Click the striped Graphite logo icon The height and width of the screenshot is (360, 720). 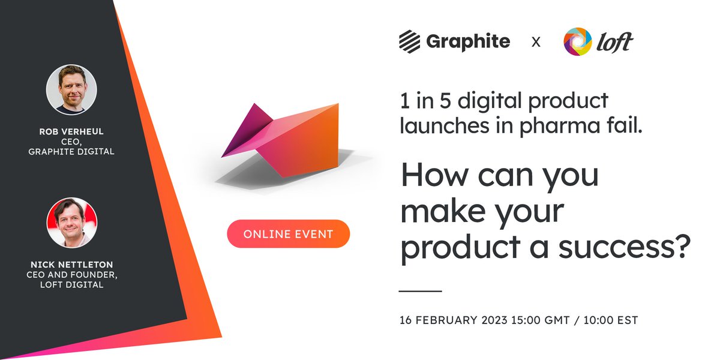(x=410, y=41)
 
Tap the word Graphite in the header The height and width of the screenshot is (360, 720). (x=468, y=41)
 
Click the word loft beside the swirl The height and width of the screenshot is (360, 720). (x=614, y=42)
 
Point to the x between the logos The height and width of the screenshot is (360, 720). (x=536, y=42)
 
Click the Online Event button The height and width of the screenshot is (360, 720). (x=288, y=234)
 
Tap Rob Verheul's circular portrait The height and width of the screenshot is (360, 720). (x=71, y=90)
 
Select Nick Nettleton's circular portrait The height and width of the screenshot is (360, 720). (x=71, y=223)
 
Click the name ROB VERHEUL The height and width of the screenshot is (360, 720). (x=71, y=132)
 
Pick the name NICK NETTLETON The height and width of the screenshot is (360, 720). (x=71, y=265)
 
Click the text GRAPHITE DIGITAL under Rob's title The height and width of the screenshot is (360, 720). (x=71, y=152)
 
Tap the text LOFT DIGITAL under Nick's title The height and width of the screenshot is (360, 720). (x=71, y=284)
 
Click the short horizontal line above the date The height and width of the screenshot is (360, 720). (x=420, y=291)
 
